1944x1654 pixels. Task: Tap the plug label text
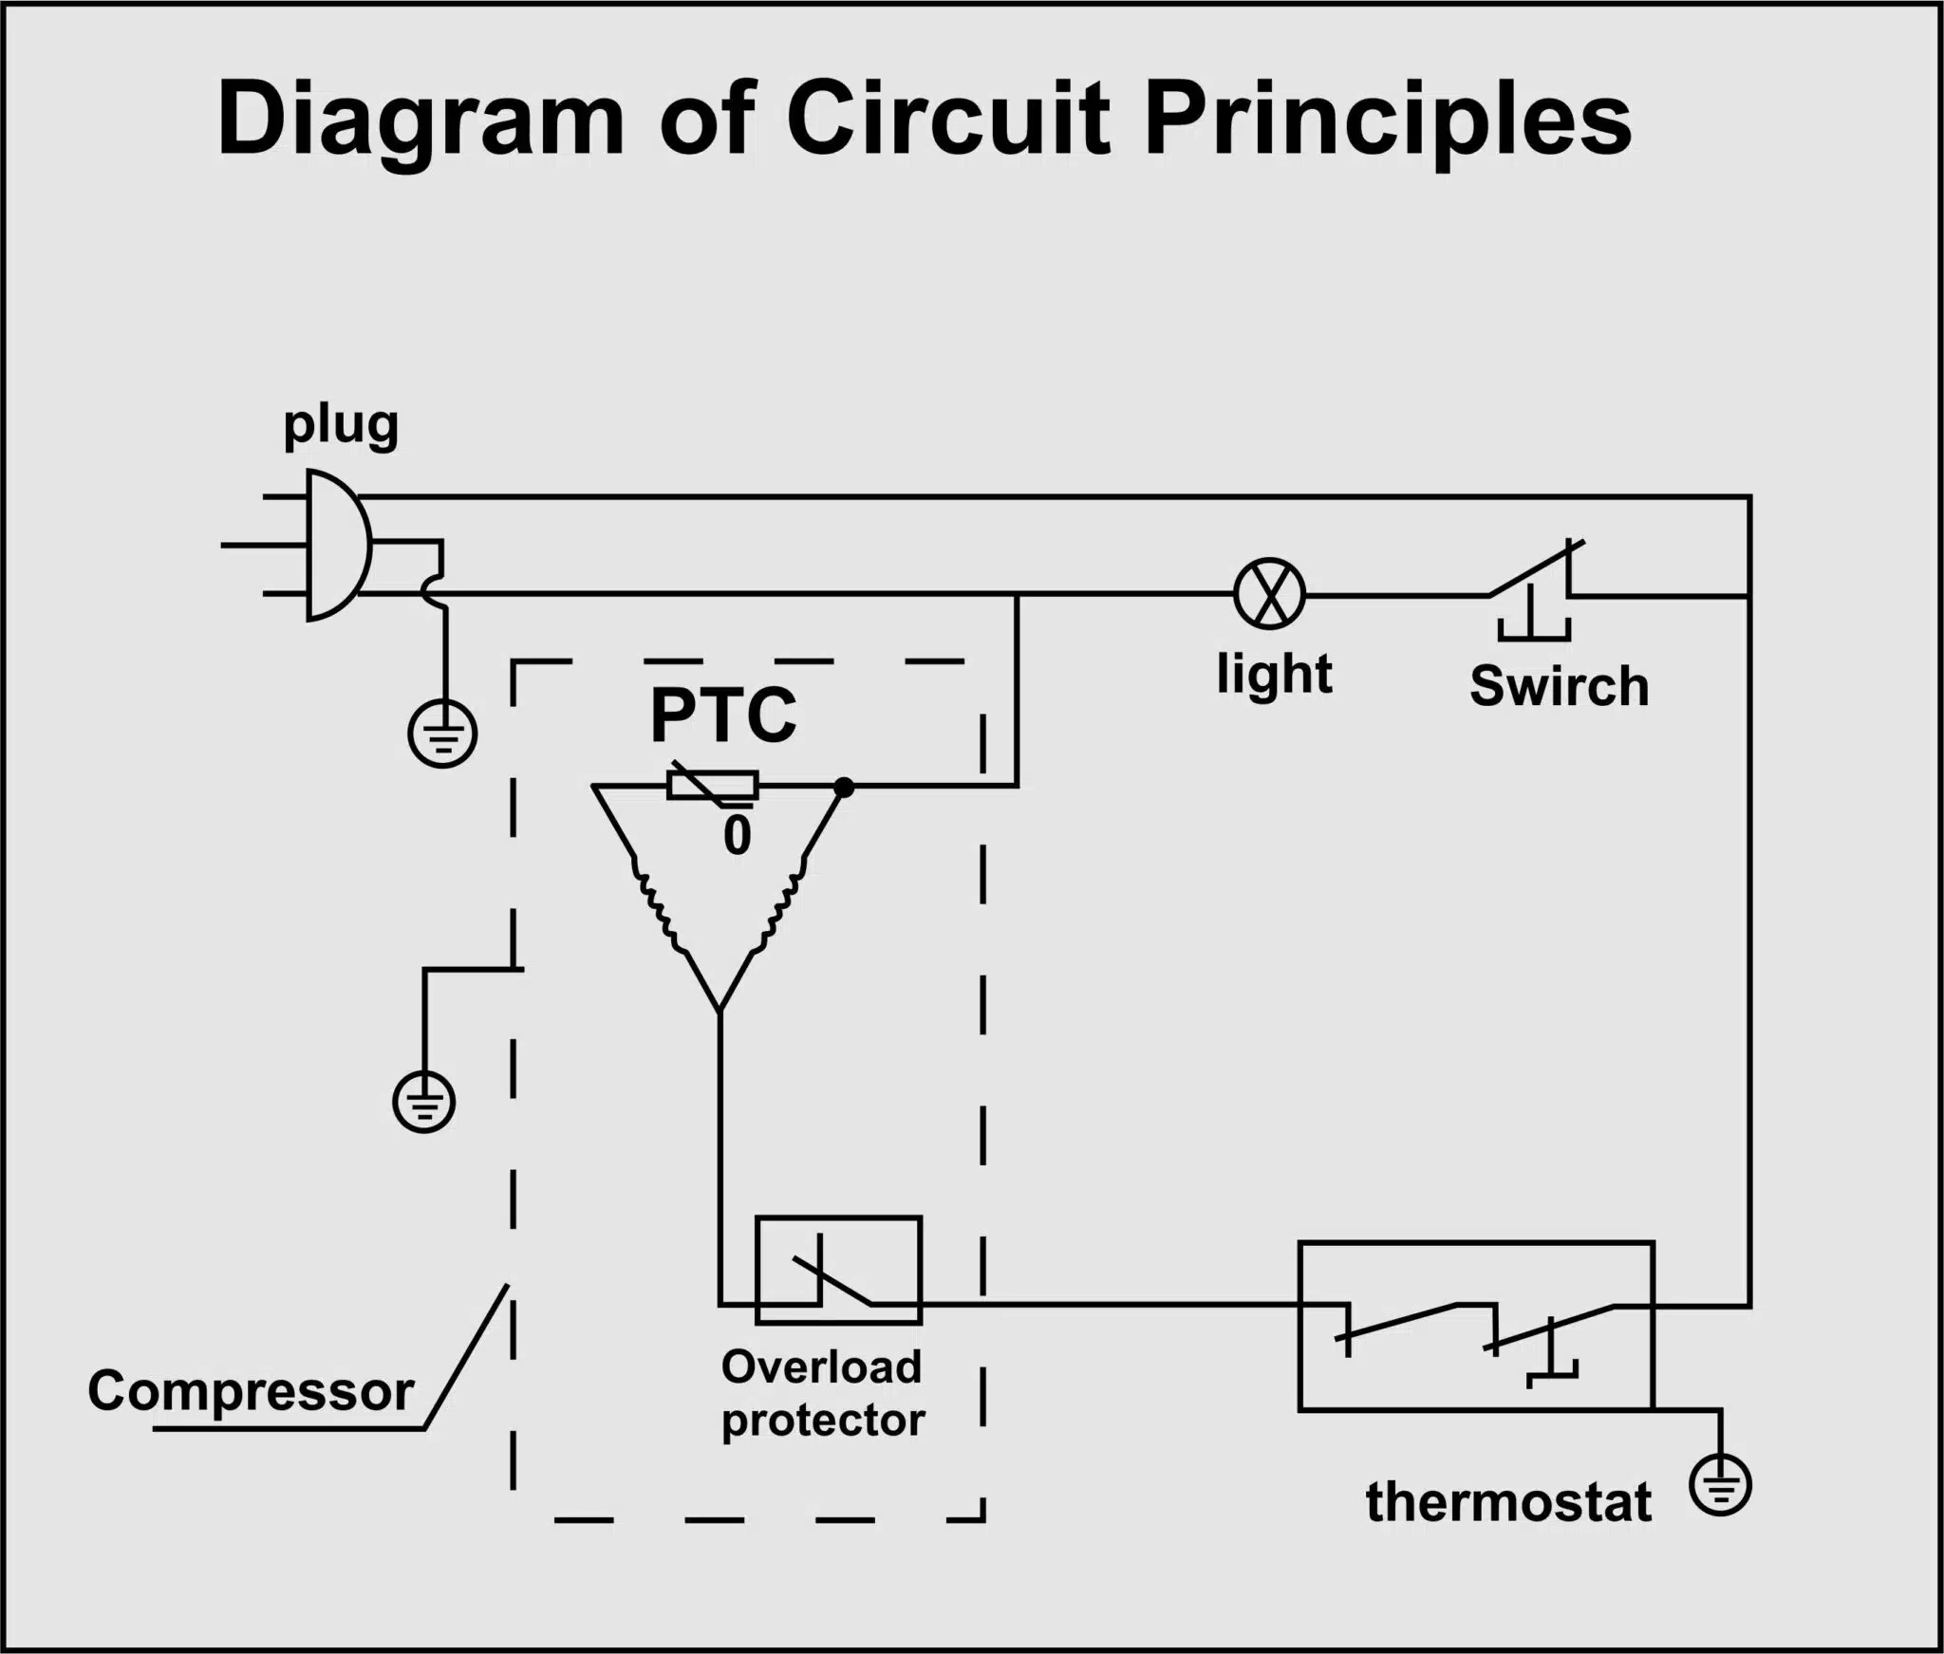click(341, 427)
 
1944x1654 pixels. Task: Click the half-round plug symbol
click(337, 546)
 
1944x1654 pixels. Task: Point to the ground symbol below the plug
click(442, 734)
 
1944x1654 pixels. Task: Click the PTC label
click(723, 715)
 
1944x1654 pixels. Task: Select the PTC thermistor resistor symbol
click(712, 786)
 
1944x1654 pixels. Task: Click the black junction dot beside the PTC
click(843, 787)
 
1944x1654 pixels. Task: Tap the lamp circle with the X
click(1270, 593)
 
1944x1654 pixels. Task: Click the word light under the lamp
click(1275, 676)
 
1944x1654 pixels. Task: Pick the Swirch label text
click(1560, 685)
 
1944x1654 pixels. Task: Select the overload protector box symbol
click(838, 1270)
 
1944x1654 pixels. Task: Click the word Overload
click(821, 1367)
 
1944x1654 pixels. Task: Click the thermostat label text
click(1508, 1502)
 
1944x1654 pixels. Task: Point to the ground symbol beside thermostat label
click(1720, 1485)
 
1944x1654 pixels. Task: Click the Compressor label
click(251, 1392)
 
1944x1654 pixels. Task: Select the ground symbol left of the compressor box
click(424, 1102)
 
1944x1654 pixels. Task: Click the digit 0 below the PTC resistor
click(738, 836)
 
